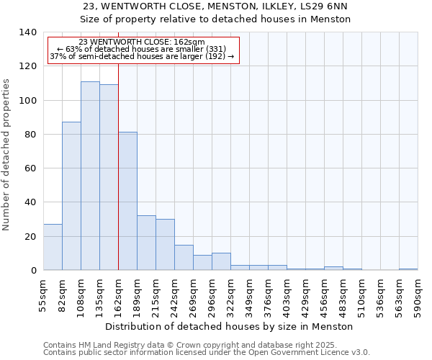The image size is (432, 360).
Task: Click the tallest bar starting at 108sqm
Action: click(x=90, y=176)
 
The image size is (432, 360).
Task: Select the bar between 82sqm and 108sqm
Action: click(x=71, y=196)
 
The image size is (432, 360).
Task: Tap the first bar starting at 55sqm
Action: click(x=53, y=247)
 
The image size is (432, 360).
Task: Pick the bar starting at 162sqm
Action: click(x=127, y=201)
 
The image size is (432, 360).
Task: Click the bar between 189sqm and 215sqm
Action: click(x=146, y=243)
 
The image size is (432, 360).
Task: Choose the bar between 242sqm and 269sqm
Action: click(x=184, y=257)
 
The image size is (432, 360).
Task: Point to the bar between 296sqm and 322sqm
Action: click(x=221, y=261)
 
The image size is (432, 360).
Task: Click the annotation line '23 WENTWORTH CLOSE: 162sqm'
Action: click(x=142, y=42)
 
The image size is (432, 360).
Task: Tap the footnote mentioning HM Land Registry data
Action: click(x=195, y=345)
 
